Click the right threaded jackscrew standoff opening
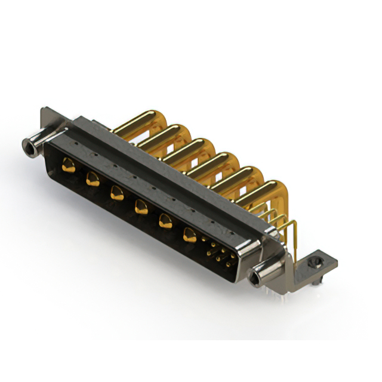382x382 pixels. pos(257,276)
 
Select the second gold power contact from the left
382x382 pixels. pos(92,177)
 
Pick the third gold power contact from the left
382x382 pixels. pos(116,192)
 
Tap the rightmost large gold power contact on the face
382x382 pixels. pos(189,235)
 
